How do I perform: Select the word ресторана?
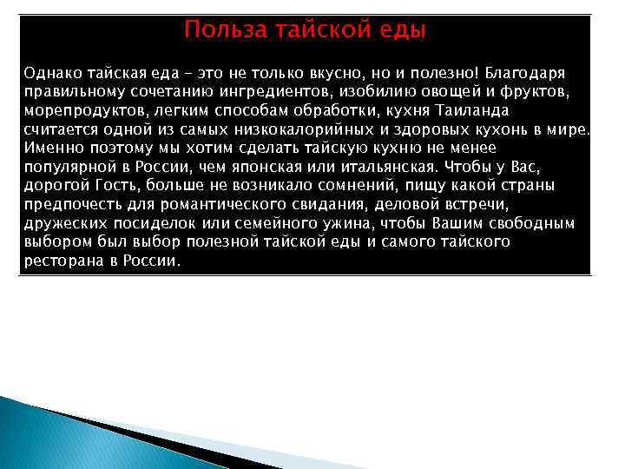coord(56,262)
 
